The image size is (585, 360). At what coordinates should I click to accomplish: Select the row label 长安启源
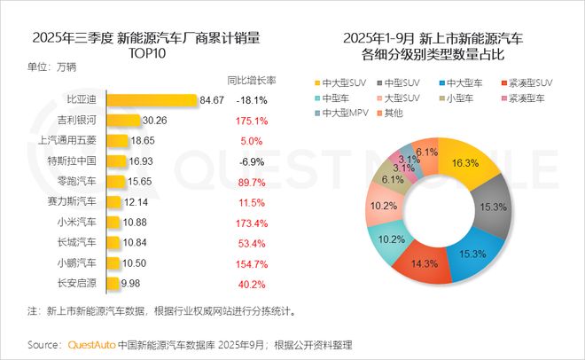coord(77,283)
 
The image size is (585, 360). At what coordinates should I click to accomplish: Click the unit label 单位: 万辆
coord(52,67)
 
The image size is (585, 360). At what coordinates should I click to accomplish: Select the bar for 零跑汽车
coord(113,181)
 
